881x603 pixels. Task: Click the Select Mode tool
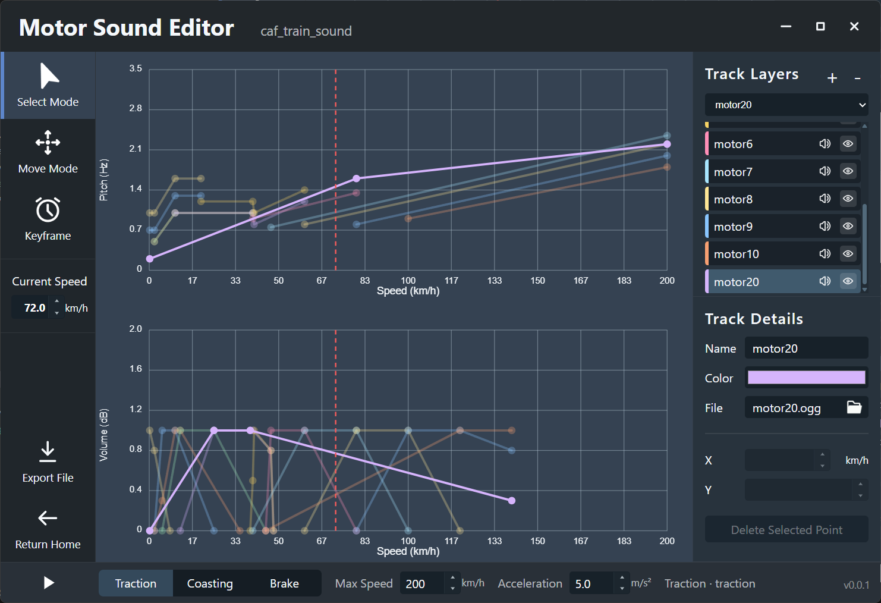48,86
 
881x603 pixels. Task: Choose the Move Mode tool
48,152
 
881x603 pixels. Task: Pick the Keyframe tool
48,219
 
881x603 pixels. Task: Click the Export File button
48,461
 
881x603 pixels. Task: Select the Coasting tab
210,583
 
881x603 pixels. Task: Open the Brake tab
284,583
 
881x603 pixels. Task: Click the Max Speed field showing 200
422,583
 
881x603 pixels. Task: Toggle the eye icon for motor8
848,199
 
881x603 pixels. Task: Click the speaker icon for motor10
825,254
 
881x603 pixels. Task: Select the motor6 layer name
733,144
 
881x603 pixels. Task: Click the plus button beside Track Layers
832,78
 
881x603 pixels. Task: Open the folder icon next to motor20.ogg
854,407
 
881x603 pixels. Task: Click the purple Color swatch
806,378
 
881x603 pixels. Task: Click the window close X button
854,26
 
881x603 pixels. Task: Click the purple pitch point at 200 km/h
667,144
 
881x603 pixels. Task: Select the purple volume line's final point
512,501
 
